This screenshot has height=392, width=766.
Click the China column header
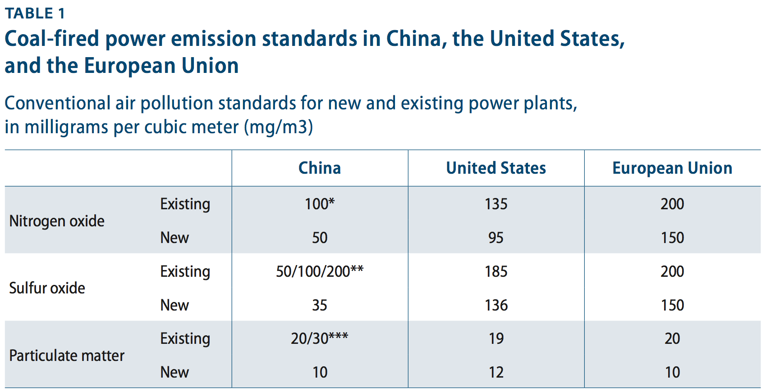click(320, 168)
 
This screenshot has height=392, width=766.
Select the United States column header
click(496, 168)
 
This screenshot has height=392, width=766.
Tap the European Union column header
click(672, 168)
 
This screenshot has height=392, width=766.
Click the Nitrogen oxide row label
click(57, 221)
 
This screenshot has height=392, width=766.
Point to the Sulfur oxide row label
click(47, 288)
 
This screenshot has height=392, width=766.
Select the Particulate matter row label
click(67, 356)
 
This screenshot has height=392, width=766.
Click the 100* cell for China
click(320, 204)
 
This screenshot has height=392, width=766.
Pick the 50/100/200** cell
click(320, 271)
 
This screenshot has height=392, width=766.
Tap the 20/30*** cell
click(320, 338)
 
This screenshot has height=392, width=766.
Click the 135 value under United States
click(496, 204)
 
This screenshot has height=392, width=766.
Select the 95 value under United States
click(496, 238)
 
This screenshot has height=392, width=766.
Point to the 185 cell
click(496, 271)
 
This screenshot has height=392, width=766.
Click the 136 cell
click(496, 305)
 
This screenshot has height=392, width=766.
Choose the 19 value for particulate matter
click(496, 338)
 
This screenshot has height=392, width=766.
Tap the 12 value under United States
click(496, 372)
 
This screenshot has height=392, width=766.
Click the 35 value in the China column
click(320, 305)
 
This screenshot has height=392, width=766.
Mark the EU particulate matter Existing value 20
click(672, 338)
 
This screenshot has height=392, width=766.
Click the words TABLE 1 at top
click(35, 14)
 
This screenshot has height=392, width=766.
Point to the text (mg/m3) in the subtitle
click(278, 127)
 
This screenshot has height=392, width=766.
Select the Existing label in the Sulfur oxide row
click(185, 271)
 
